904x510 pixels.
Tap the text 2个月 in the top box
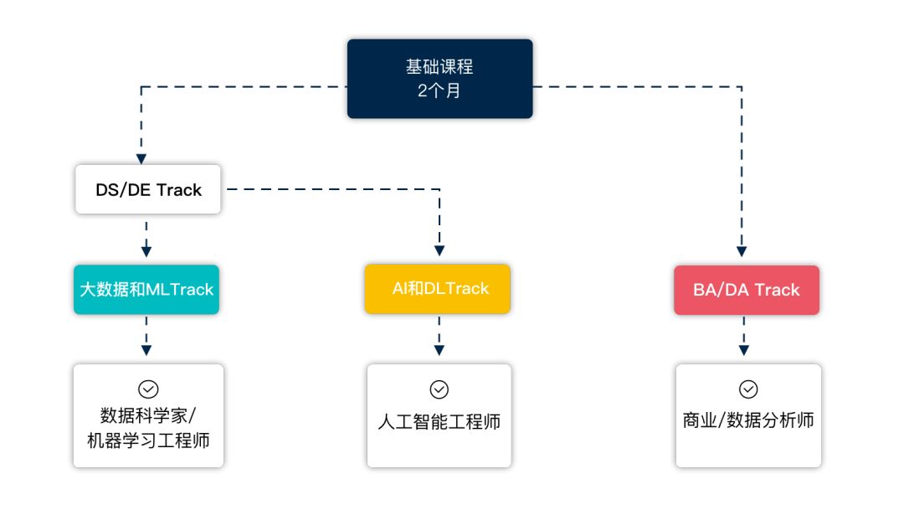point(439,90)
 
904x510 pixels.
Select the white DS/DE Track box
point(147,189)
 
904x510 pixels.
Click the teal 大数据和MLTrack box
point(146,290)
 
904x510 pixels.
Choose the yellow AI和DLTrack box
point(438,289)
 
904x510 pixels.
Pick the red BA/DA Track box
point(746,290)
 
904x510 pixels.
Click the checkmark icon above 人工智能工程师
point(439,389)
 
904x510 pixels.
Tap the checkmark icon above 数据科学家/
point(147,389)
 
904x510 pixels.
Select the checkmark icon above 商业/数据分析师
point(747,389)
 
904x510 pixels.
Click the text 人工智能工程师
point(439,421)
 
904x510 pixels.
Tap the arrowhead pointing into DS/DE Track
point(141,158)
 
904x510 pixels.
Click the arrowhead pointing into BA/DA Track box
point(742,250)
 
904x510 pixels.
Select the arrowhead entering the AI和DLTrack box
point(439,250)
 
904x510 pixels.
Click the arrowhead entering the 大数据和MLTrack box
point(146,250)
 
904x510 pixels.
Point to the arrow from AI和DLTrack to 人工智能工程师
point(439,338)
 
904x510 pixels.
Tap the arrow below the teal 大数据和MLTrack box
point(146,338)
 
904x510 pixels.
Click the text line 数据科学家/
point(147,415)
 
